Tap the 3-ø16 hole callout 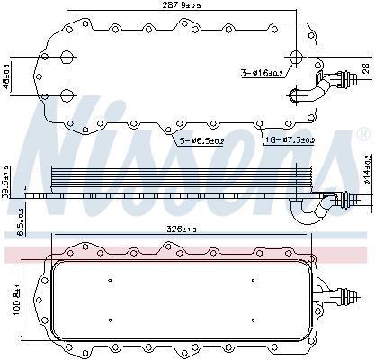263,73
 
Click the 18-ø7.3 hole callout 289,140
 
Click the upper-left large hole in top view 67,58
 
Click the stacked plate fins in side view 171,179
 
